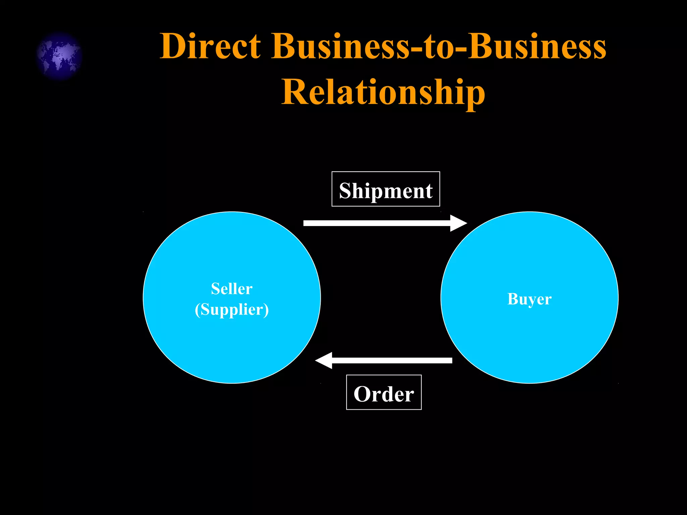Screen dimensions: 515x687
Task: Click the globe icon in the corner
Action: point(59,56)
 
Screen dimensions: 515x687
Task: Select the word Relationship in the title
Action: point(383,92)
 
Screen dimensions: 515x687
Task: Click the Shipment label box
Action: point(385,189)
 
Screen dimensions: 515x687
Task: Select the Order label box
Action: point(384,392)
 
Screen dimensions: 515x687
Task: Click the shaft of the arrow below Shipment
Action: point(376,223)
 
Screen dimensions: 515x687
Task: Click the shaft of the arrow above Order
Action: point(392,360)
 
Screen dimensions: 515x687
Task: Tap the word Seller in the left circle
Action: point(231,289)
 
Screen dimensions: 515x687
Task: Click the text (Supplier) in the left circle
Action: point(231,309)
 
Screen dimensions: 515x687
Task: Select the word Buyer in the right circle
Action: point(529,299)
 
